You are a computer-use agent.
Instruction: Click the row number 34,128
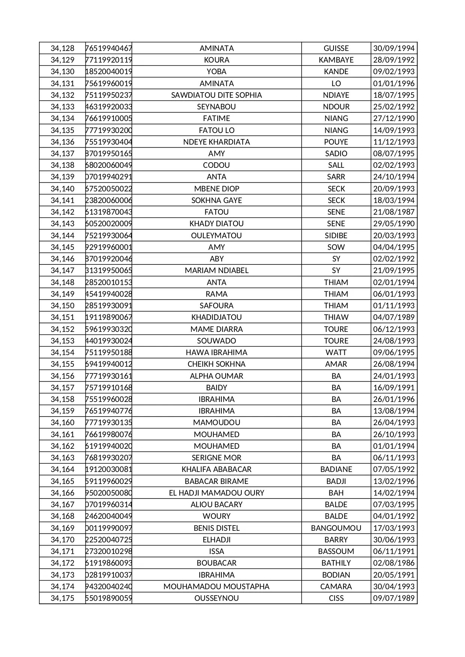[63, 48]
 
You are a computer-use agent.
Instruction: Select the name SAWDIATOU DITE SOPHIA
[216, 95]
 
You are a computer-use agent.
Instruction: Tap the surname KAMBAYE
[336, 60]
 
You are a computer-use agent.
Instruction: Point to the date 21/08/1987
[393, 212]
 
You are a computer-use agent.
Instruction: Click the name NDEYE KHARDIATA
[216, 142]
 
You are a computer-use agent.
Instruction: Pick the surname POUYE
[336, 142]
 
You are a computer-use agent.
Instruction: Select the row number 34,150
[63, 306]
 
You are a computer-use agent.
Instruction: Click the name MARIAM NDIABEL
[216, 270]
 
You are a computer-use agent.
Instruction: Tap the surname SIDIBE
[336, 236]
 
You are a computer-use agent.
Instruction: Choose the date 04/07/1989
[393, 317]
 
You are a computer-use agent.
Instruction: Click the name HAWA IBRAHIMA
[216, 352]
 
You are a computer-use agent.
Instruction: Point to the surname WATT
[336, 352]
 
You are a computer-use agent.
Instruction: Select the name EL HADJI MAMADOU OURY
[216, 493]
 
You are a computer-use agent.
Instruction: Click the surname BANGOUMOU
[336, 528]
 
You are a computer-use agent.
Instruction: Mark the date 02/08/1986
[393, 563]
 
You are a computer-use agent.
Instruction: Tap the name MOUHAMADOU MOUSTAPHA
[216, 587]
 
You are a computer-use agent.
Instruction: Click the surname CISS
[336, 598]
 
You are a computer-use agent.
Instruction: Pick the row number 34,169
[63, 528]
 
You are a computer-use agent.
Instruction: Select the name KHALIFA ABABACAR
[216, 469]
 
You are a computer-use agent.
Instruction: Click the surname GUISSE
[336, 48]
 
